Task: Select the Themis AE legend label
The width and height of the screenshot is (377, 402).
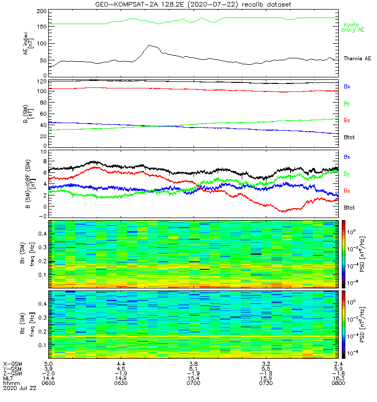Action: click(357, 59)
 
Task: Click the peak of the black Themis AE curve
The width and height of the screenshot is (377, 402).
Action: click(149, 45)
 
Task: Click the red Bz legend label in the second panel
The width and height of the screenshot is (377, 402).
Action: click(347, 121)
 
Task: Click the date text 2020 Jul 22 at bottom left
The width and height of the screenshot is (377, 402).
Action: click(20, 389)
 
